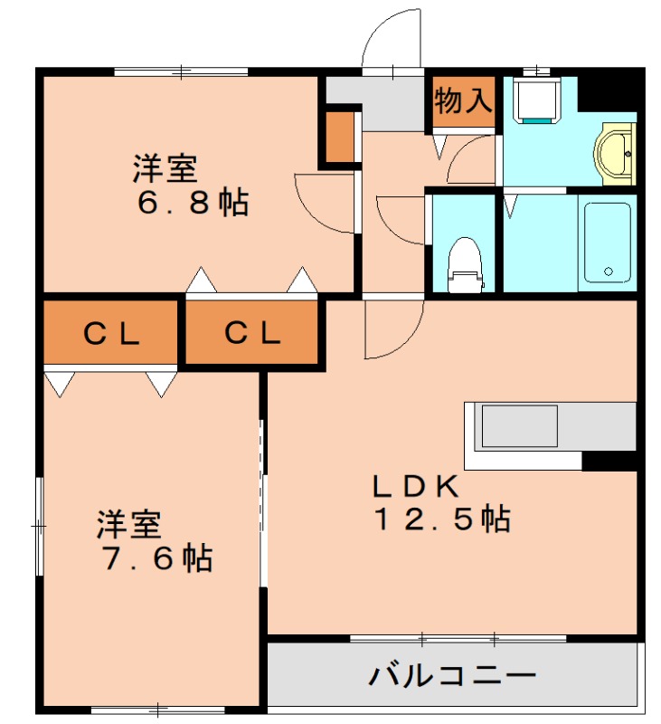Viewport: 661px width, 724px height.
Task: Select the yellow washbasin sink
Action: coord(618,152)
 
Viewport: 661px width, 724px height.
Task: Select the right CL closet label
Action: coord(252,335)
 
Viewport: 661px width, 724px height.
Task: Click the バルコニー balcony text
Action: coord(452,675)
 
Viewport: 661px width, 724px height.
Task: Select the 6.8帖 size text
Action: coord(193,202)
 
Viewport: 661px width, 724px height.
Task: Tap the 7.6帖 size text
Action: coord(155,557)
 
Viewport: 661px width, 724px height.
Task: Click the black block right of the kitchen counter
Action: coord(609,462)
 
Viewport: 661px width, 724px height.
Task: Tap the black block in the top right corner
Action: coord(607,90)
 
